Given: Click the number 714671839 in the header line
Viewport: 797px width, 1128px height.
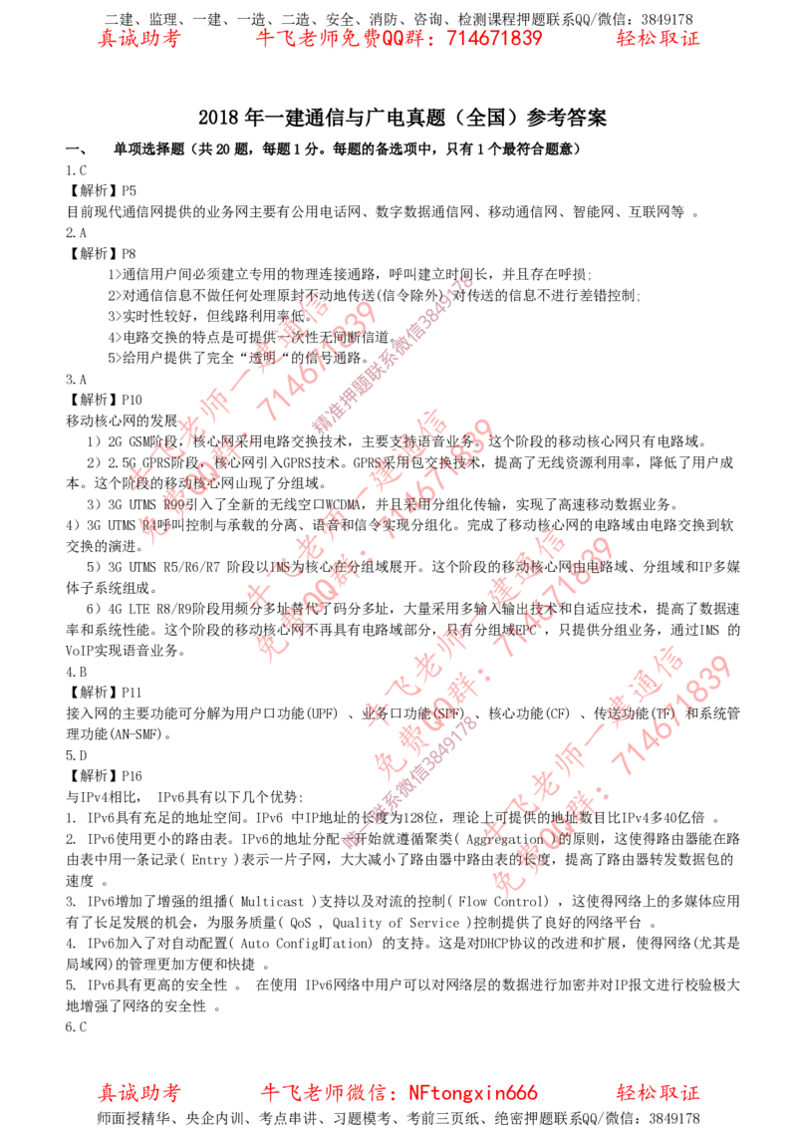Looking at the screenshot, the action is (x=496, y=39).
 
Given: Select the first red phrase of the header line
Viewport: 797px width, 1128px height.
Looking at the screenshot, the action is (x=138, y=40).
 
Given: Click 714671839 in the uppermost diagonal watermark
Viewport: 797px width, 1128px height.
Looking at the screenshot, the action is (x=318, y=361).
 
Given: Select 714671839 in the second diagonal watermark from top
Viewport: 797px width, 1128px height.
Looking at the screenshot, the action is (x=436, y=476).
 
